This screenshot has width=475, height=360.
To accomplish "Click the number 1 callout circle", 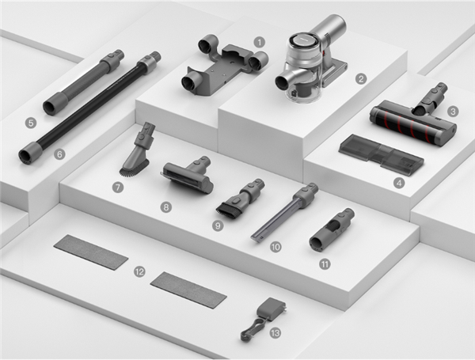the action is click(259, 43).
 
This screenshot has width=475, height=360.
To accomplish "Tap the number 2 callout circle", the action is click(360, 79).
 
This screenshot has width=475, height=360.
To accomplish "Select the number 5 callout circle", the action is click(31, 123).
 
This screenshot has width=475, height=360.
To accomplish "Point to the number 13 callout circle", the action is click(275, 333).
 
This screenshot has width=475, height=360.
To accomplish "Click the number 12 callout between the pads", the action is click(139, 271).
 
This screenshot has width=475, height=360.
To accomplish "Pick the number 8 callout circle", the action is click(165, 207).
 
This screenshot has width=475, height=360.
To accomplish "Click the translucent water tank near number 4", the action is click(381, 153).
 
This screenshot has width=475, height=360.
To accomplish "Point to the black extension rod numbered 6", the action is click(89, 108).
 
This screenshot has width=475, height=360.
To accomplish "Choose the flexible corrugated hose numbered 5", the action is click(84, 82).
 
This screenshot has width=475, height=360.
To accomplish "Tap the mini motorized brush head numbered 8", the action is click(187, 175).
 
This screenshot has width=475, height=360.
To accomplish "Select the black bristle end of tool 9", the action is click(228, 210).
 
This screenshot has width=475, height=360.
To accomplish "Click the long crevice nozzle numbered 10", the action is click(285, 211).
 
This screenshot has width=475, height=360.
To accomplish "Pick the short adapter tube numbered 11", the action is click(332, 229).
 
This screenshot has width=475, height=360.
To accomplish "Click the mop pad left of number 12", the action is click(91, 252).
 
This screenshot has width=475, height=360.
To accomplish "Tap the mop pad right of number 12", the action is click(188, 290).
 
